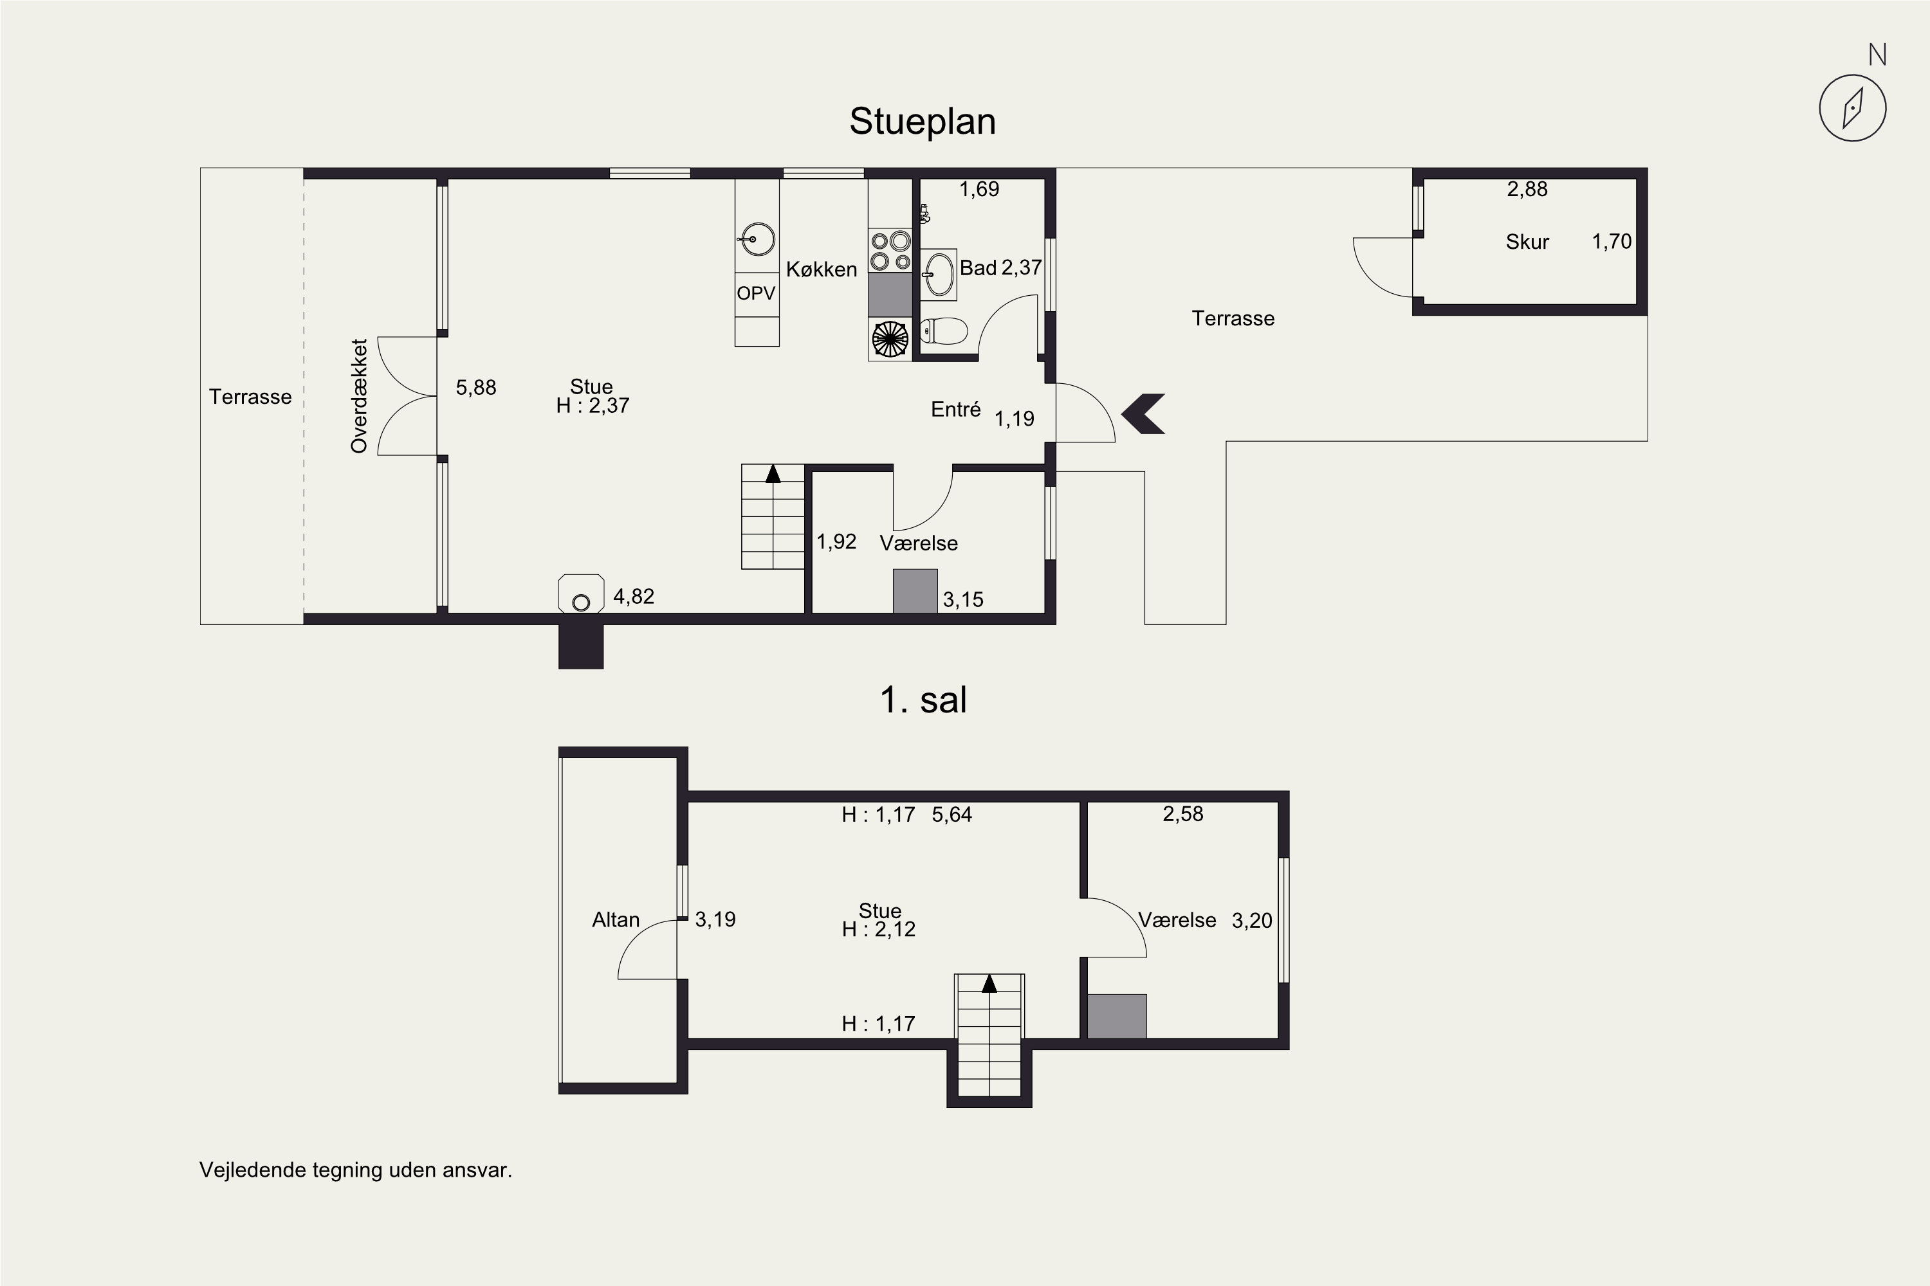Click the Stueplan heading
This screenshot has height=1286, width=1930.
pos(923,122)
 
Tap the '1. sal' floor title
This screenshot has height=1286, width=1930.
pos(923,700)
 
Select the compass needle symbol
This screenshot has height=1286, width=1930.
pos(1853,108)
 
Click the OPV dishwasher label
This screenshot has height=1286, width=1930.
pos(756,293)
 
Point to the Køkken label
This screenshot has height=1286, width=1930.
pos(822,269)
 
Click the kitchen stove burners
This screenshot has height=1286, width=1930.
pos(890,251)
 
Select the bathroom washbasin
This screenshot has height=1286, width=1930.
pos(939,275)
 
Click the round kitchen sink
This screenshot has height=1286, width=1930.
pos(757,239)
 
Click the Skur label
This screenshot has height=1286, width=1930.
pos(1527,242)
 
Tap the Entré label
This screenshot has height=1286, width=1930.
pos(955,409)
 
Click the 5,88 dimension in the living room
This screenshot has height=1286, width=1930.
pos(476,387)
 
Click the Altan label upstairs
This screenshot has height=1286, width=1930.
pos(616,920)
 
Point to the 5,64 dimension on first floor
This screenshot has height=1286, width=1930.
pos(952,815)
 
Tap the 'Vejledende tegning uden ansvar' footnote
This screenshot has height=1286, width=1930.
pos(355,1170)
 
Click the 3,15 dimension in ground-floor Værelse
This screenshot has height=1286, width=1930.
pos(962,599)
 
